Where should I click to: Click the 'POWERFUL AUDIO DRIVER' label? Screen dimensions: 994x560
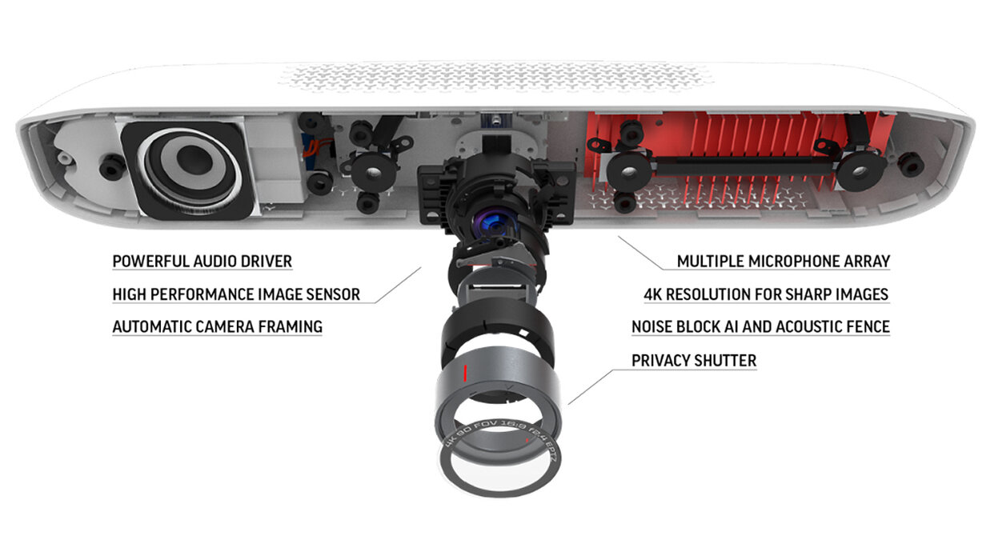pyautogui.click(x=202, y=261)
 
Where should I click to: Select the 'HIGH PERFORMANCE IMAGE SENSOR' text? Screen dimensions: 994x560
pyautogui.click(x=236, y=294)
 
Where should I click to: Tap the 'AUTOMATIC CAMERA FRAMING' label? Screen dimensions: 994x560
pyautogui.click(x=218, y=326)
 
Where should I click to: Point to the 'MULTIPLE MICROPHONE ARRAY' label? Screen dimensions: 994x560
pyautogui.click(x=784, y=261)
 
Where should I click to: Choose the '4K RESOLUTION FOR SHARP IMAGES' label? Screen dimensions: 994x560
pyautogui.click(x=767, y=294)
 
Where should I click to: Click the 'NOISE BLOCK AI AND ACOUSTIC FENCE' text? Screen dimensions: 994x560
pyautogui.click(x=760, y=326)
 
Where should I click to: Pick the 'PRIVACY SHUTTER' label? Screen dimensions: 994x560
pyautogui.click(x=694, y=360)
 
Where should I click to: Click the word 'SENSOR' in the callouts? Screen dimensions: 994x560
pyautogui.click(x=333, y=294)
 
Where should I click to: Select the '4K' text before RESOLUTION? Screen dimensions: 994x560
pyautogui.click(x=653, y=294)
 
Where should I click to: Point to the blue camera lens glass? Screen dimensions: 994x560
pyautogui.click(x=494, y=224)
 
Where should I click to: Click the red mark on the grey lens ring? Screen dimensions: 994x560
pyautogui.click(x=465, y=373)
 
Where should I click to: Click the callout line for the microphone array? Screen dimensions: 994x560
pyautogui.click(x=641, y=253)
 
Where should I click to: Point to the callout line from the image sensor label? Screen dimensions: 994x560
pyautogui.click(x=398, y=285)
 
